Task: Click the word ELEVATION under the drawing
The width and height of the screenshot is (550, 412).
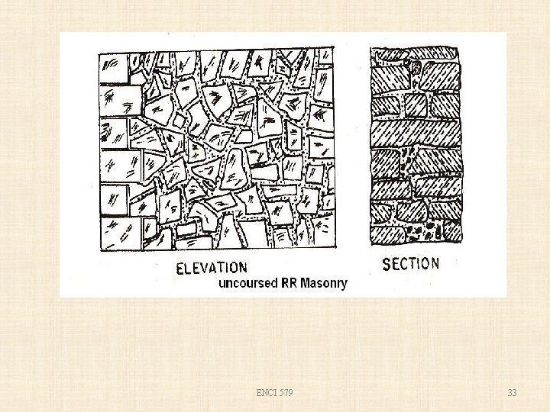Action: [212, 268]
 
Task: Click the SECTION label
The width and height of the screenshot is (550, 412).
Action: [410, 264]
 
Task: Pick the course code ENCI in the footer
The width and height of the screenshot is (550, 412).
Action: [266, 393]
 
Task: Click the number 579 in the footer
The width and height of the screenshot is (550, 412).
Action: [284, 393]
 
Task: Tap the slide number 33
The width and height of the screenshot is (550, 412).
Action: [512, 393]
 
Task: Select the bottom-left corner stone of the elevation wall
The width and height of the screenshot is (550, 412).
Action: [118, 234]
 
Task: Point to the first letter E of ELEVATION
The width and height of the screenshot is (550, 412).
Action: [180, 268]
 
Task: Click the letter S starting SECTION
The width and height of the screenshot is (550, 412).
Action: [386, 265]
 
